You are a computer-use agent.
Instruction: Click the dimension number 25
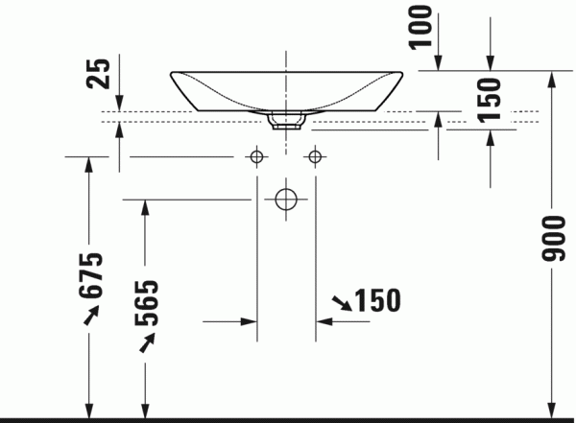point(98,74)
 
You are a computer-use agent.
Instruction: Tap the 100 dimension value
point(421,27)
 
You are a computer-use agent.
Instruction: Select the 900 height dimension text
point(553,239)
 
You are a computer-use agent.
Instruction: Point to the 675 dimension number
point(91,274)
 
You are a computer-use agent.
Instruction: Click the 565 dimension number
point(147,303)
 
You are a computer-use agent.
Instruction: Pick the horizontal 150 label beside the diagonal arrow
point(377,300)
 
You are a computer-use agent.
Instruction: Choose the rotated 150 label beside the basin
point(489,100)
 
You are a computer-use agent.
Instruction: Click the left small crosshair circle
point(256,156)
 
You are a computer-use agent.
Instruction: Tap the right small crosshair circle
point(315,156)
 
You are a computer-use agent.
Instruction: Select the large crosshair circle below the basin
point(286,200)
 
